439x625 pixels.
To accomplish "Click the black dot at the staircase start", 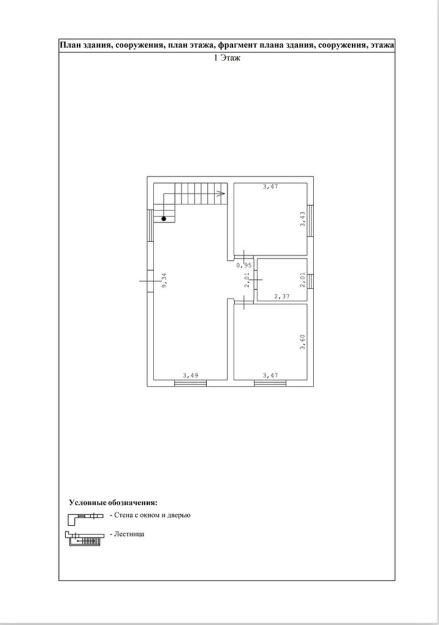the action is tap(164, 219).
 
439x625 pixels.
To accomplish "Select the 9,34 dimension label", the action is tap(165, 280).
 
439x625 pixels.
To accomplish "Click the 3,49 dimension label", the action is tap(191, 375).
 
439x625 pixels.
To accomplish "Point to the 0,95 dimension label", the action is tap(244, 266).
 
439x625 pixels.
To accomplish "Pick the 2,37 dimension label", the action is tap(282, 296).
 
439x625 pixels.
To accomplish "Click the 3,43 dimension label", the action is tap(302, 219).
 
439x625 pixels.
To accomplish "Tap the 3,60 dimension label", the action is tap(302, 342).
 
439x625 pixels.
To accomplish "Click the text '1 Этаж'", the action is tap(227, 58).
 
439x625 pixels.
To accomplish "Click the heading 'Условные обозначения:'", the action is tap(113, 503).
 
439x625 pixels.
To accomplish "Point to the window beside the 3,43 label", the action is tap(310, 221).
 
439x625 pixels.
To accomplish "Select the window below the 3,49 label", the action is tap(191, 383).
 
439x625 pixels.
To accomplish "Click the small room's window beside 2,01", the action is tap(310, 282).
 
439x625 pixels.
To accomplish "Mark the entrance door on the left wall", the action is tap(150, 281).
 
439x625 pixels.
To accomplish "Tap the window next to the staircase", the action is tap(150, 226).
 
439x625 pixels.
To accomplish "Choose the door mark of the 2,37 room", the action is tap(255, 279).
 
